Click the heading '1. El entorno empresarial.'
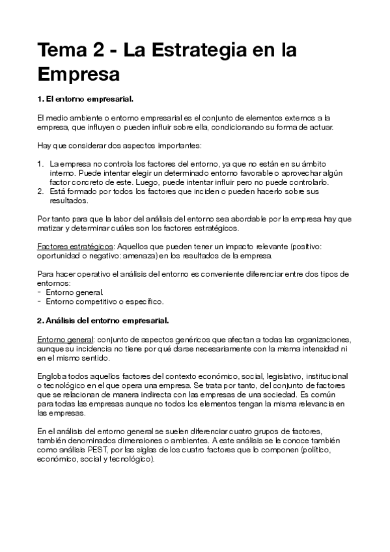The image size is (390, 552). (85, 99)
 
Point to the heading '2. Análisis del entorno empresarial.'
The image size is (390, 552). (103, 321)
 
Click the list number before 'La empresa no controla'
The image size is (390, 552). (40, 165)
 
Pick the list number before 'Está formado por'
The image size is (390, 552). (40, 193)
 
